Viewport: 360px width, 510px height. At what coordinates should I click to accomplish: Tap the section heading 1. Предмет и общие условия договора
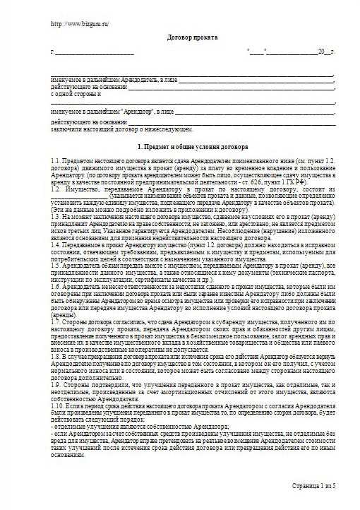[x=192, y=147]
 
